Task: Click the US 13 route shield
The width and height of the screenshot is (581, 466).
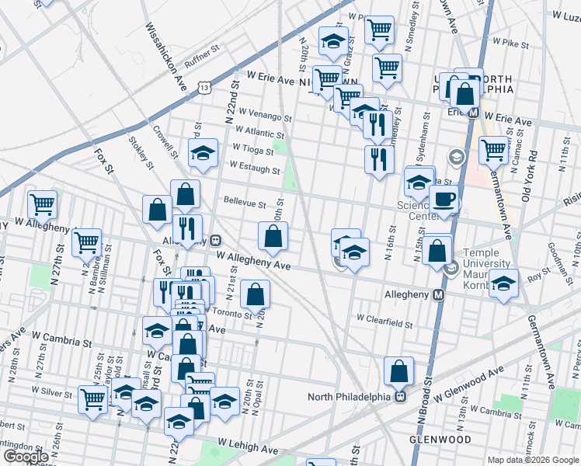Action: tap(204, 88)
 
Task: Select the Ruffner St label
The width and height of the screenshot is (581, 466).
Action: tap(204, 58)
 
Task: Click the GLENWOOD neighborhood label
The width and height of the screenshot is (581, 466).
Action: tap(437, 439)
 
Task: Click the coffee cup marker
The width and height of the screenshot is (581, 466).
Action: tap(444, 199)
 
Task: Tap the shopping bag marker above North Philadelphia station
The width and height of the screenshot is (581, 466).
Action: tap(398, 371)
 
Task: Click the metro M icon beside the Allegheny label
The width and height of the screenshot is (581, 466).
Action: tap(439, 295)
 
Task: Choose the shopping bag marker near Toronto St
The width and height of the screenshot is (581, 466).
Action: tap(255, 294)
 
